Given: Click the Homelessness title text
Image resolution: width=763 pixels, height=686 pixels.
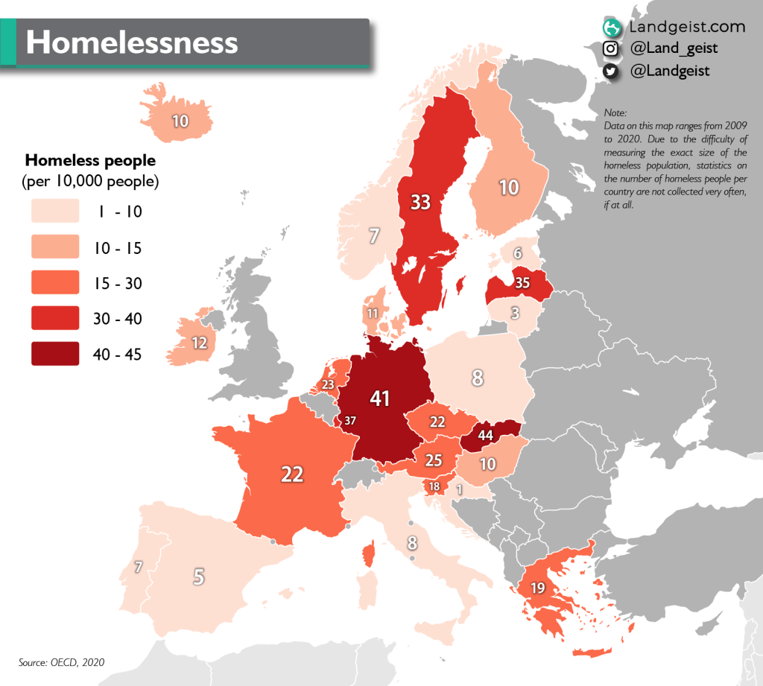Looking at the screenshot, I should pyautogui.click(x=132, y=42).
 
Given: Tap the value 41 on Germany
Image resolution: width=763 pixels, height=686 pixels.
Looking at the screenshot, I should pyautogui.click(x=380, y=399).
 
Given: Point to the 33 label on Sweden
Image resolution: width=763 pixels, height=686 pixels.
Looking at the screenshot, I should pyautogui.click(x=420, y=202).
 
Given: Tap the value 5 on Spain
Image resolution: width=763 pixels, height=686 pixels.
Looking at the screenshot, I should pyautogui.click(x=198, y=576).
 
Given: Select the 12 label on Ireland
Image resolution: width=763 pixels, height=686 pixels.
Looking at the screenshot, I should pyautogui.click(x=199, y=343).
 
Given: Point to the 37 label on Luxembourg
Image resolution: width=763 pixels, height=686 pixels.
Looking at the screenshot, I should pyautogui.click(x=350, y=420).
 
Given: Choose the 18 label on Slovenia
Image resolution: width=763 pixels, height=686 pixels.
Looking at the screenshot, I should pyautogui.click(x=434, y=486).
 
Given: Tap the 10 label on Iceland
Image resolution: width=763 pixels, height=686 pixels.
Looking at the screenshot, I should pyautogui.click(x=180, y=120).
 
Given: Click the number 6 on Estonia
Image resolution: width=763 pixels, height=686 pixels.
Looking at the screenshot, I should pyautogui.click(x=516, y=254).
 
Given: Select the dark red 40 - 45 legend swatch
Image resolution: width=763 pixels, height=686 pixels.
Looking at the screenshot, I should pyautogui.click(x=55, y=354).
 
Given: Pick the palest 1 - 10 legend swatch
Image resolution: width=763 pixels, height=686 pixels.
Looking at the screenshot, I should pyautogui.click(x=55, y=212).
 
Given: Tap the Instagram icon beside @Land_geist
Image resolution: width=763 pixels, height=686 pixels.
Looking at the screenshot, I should pyautogui.click(x=610, y=49).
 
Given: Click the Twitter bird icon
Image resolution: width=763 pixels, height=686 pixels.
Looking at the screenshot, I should pyautogui.click(x=610, y=72).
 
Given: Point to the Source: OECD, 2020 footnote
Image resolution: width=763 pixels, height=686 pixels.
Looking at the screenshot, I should pyautogui.click(x=61, y=661).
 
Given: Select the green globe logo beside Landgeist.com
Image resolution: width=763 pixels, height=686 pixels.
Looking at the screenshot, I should pyautogui.click(x=611, y=28).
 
